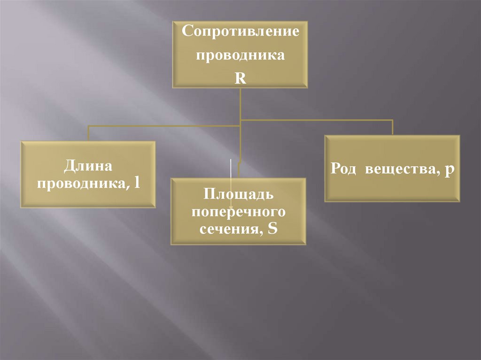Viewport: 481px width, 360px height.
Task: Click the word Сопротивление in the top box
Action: [240, 33]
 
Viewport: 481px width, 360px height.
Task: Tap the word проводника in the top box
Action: [240, 56]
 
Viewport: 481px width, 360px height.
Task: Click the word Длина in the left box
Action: [88, 166]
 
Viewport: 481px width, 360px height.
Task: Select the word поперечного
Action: [238, 211]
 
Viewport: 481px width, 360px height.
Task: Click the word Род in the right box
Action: [346, 169]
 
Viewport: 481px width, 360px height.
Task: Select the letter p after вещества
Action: [449, 169]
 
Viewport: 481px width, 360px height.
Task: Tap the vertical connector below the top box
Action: [240, 103]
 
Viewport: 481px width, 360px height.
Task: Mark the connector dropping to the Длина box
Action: [88, 133]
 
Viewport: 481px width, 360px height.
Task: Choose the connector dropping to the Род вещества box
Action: [392, 127]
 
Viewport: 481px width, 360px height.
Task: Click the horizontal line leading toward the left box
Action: [164, 126]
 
